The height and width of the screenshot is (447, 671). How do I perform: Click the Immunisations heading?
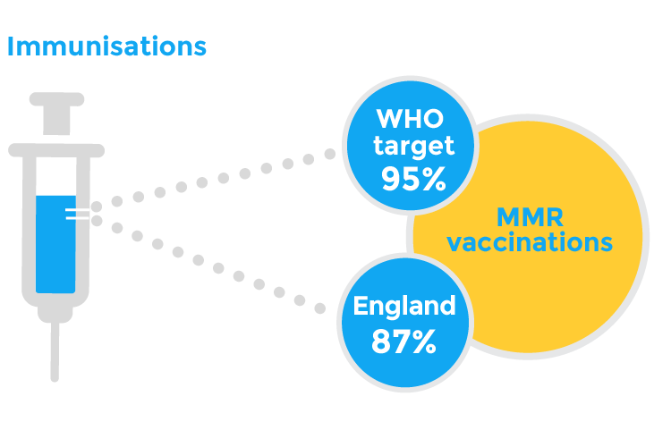(x=107, y=46)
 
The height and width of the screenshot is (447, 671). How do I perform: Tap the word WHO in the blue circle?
(x=410, y=119)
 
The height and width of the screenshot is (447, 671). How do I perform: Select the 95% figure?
(x=413, y=179)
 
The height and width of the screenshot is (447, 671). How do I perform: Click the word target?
(x=413, y=147)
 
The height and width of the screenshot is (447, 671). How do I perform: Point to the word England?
(x=404, y=308)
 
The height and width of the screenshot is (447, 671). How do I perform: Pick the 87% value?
(x=404, y=341)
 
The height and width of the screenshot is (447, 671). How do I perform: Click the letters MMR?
(x=530, y=217)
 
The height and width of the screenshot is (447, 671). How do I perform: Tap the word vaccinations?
(x=530, y=242)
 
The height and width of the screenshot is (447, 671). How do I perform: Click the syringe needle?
(x=55, y=351)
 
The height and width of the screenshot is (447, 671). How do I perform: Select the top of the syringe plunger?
(x=56, y=99)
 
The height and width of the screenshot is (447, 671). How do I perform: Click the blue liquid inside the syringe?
(x=55, y=244)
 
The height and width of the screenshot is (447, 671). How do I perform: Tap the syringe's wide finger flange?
(x=56, y=150)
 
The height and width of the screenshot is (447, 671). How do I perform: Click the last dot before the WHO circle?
(x=329, y=154)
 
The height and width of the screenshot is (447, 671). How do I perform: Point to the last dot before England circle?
(x=319, y=308)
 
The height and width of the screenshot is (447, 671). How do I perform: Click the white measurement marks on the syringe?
(x=78, y=214)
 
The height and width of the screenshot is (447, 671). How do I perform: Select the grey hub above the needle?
(x=55, y=315)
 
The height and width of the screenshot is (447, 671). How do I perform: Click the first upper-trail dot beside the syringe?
(x=97, y=207)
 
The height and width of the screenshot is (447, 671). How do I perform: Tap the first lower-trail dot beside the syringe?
(x=97, y=221)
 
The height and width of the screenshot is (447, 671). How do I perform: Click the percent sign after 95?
(x=434, y=179)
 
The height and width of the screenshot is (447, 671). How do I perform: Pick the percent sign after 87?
(x=424, y=342)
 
